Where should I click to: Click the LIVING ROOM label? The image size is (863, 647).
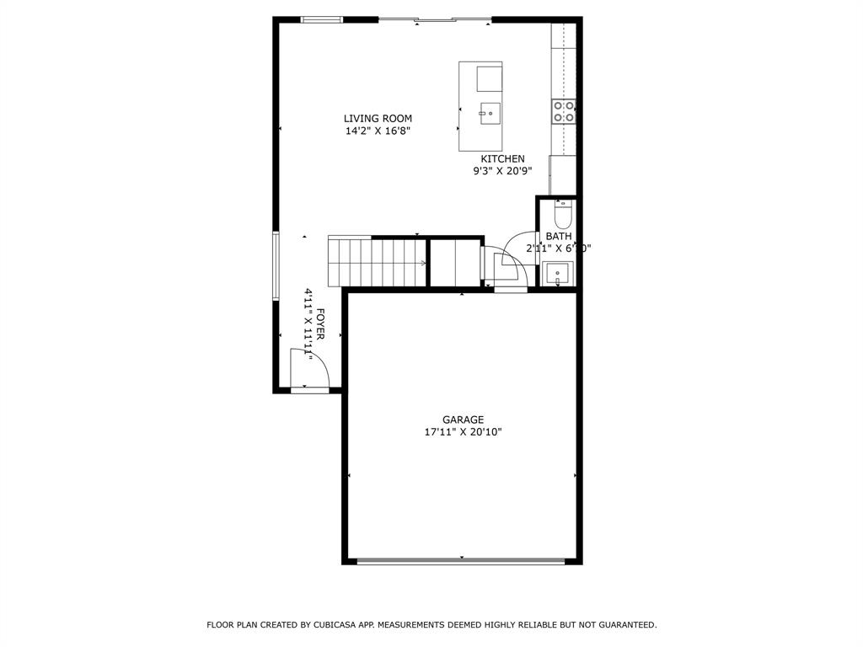coord(378,119)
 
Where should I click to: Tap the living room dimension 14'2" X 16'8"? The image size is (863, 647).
coord(378,131)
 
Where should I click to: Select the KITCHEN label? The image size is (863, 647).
coord(502,158)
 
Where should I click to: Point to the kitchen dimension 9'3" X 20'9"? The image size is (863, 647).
coord(502,171)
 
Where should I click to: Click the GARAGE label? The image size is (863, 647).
coord(464,420)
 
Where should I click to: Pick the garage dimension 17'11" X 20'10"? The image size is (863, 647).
coord(464,432)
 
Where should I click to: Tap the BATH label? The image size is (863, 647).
coord(558,237)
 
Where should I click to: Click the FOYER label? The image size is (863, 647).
coord(320,324)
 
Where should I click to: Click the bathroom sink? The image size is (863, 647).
coord(558,274)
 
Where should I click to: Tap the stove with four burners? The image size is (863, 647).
coord(564,111)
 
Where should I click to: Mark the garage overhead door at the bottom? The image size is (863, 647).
coord(461,561)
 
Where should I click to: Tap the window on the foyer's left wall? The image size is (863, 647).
coord(276,265)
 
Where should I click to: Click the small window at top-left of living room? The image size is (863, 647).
coord(323,19)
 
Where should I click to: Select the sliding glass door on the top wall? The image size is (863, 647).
coord(434,19)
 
